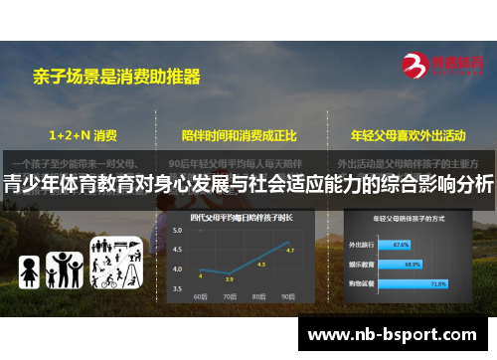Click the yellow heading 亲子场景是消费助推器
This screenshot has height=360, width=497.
point(117,75)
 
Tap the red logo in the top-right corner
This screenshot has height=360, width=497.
point(442,66)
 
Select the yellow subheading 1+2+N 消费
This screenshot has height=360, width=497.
point(83,132)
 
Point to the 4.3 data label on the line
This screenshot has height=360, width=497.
point(260,264)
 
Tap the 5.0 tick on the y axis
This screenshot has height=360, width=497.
point(177,231)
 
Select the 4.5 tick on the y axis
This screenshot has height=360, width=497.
point(177,250)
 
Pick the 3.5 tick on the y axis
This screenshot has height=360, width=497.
point(177,288)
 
